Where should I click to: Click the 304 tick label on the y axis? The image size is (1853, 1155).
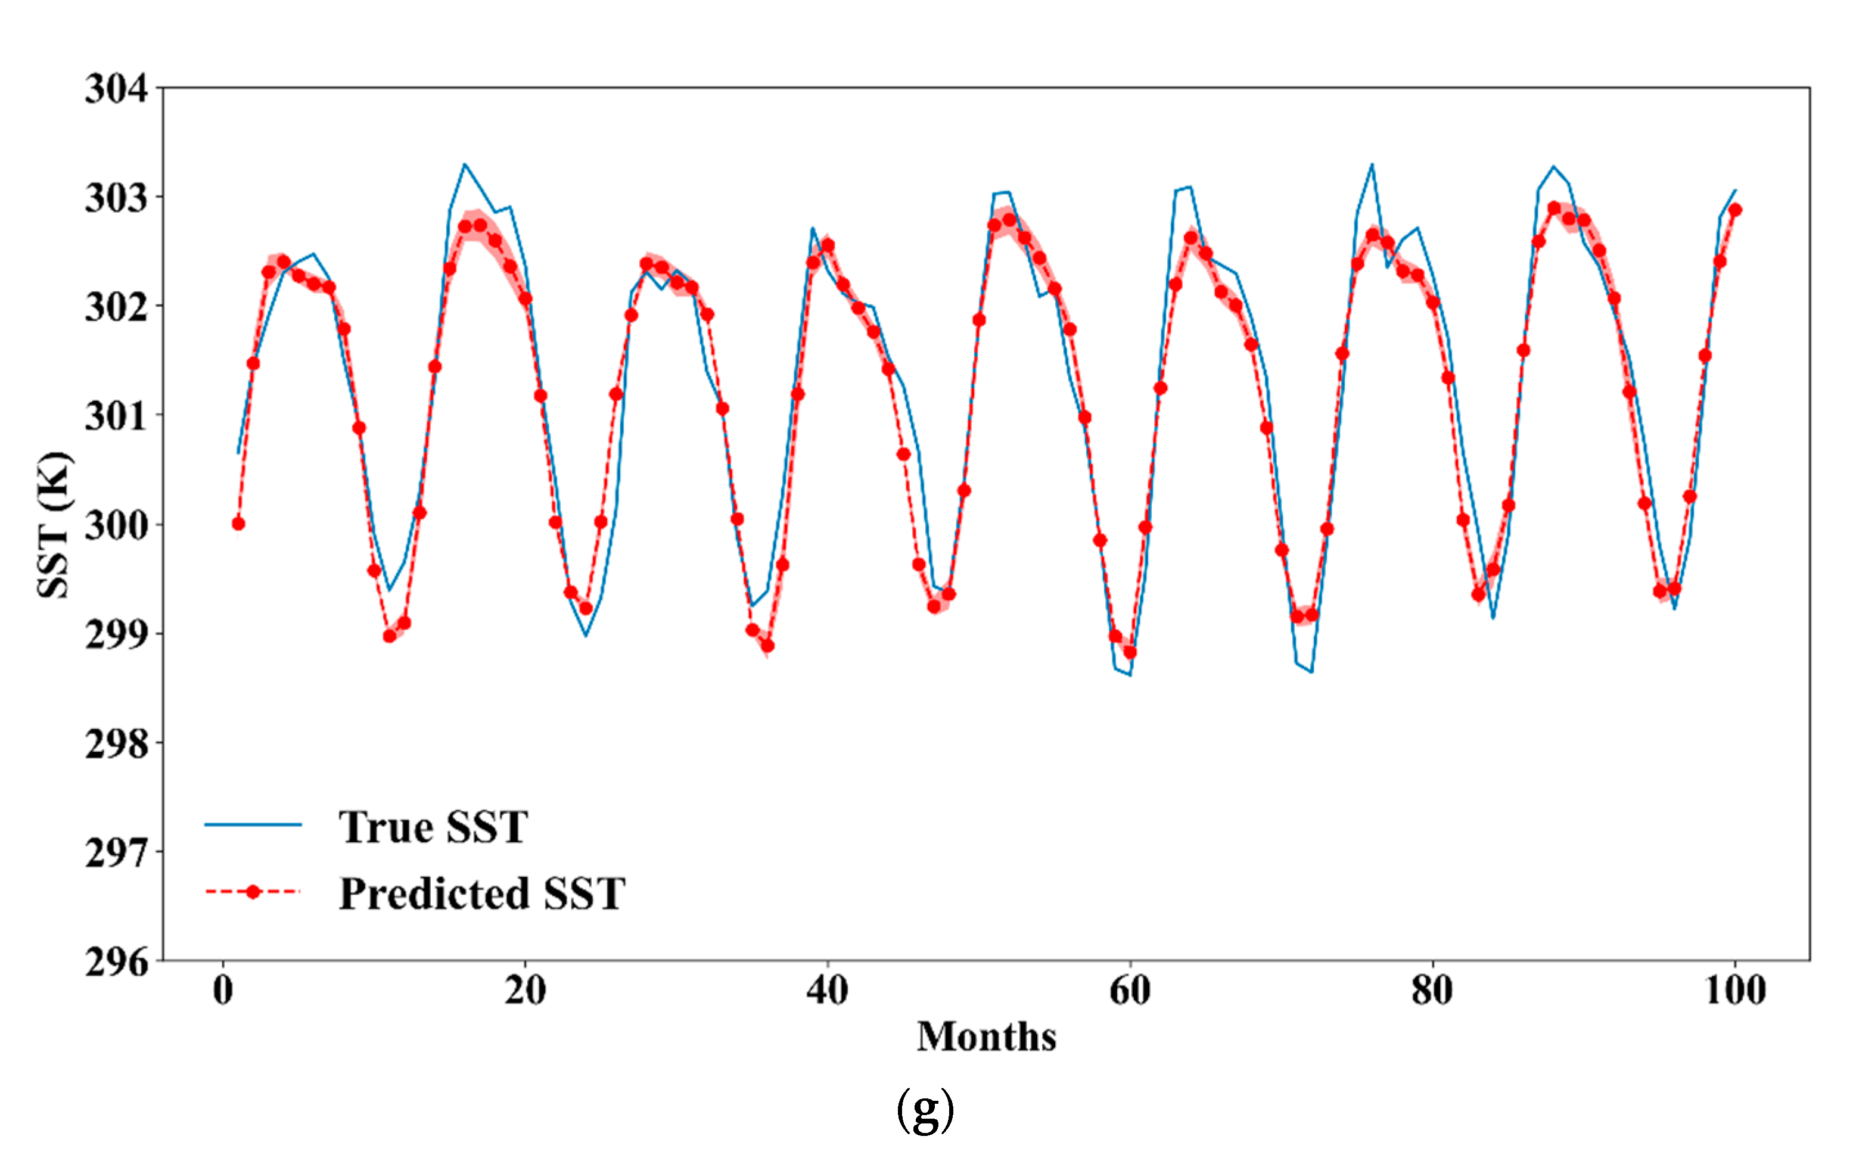pos(116,89)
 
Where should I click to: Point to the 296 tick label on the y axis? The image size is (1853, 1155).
pos(116,962)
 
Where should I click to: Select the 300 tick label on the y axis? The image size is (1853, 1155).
pos(116,525)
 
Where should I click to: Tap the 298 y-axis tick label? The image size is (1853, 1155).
pos(116,743)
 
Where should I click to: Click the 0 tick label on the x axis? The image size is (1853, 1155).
pos(223,991)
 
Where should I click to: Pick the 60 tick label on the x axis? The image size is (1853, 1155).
pos(1129,991)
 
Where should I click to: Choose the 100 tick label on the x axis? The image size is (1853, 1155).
pos(1735,991)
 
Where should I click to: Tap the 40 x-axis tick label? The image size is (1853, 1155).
pos(828,991)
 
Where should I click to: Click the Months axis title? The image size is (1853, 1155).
pos(987,1036)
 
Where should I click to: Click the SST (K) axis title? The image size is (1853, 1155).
pos(55,525)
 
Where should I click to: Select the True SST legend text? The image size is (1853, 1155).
pos(433,827)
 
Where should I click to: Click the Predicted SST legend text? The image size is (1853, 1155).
pos(482,893)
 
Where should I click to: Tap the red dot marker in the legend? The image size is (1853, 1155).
pos(253,892)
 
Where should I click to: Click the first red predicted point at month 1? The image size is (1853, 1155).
pos(238,523)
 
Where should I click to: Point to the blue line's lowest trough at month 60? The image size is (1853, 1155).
pos(1129,674)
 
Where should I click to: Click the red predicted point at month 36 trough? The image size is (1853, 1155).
pos(768,646)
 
